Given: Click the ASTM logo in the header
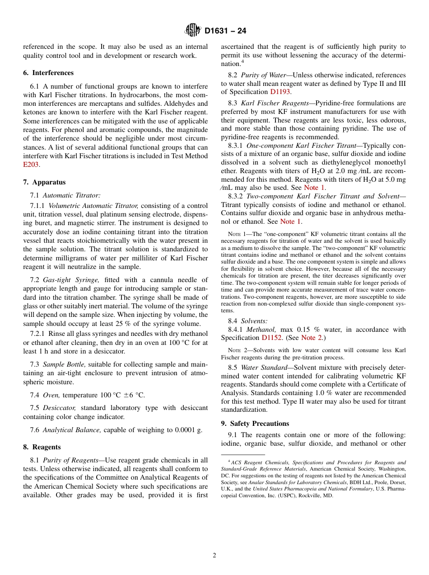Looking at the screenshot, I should [193, 31].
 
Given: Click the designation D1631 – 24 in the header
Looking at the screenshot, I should [225, 31].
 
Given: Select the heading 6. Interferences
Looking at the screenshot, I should [48, 73].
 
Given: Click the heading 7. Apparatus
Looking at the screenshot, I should [44, 182].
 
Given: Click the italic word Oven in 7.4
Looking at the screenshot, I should [51, 395].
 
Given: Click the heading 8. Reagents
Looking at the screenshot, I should [42, 447].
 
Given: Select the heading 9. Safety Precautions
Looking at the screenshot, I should [255, 424].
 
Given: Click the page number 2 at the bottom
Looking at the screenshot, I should [214, 556].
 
